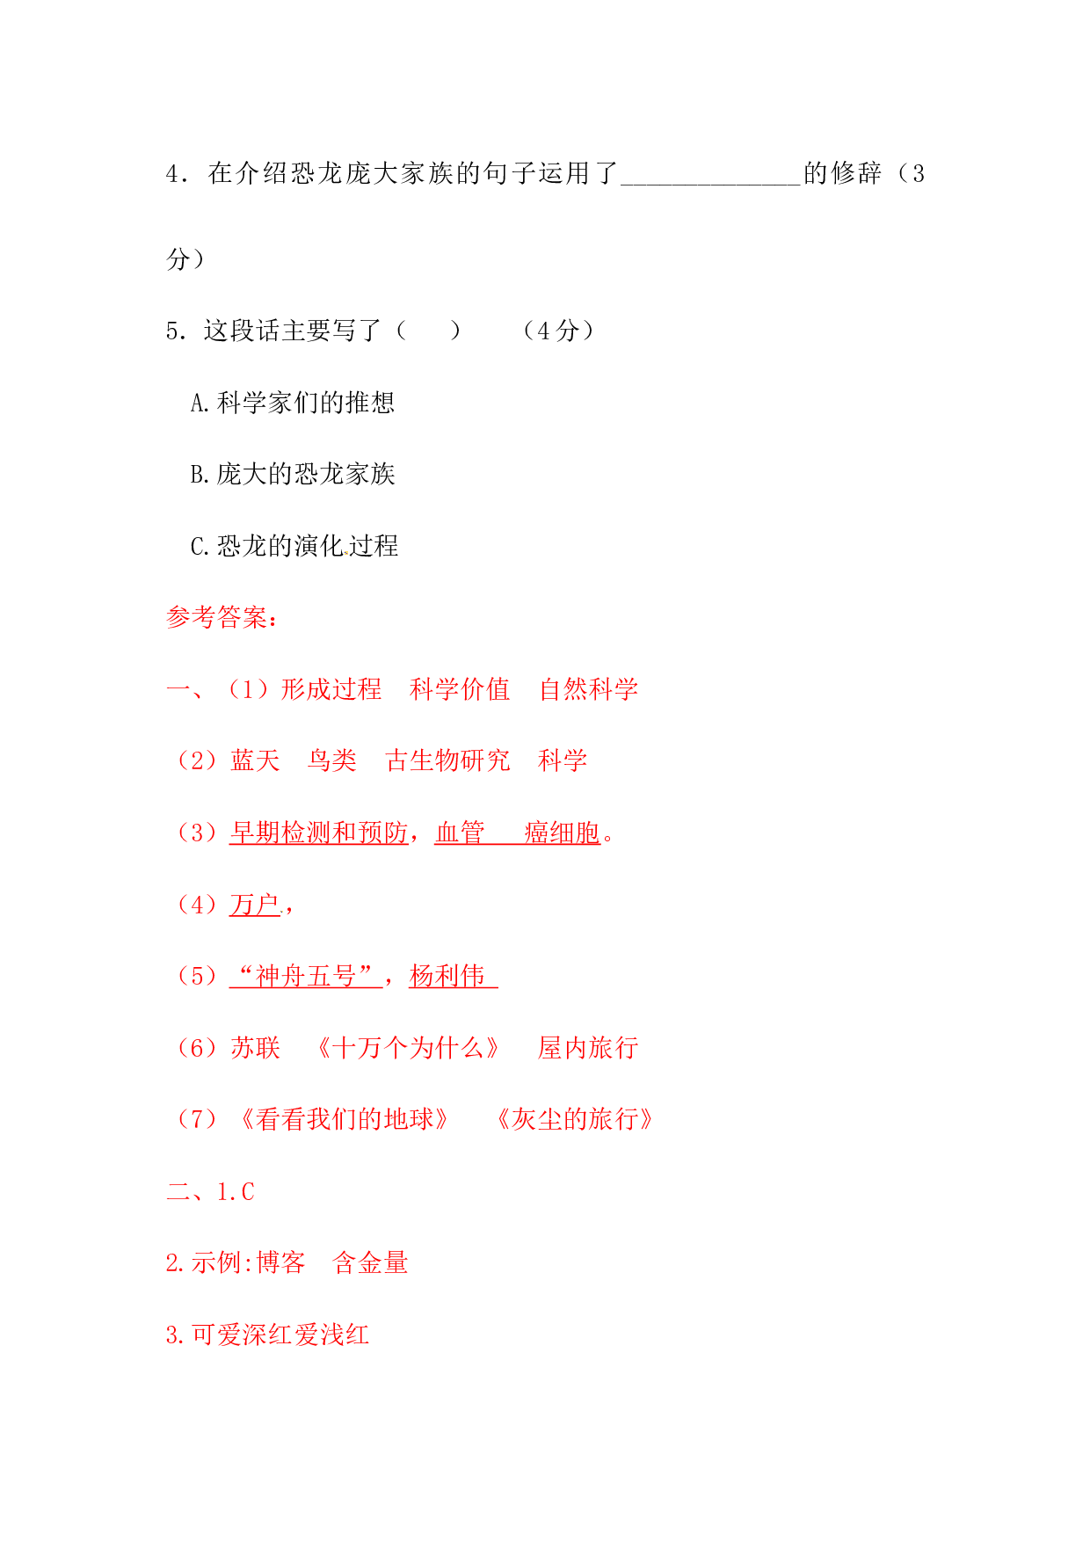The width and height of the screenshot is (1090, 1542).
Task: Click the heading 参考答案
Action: coord(218,618)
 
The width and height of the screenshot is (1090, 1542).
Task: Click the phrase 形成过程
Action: coord(331,689)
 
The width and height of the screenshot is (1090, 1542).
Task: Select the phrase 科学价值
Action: coord(460,689)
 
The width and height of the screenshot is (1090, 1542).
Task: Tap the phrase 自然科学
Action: coord(589,689)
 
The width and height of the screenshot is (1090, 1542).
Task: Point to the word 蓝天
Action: coord(255,760)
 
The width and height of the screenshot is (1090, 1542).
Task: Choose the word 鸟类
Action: coord(332,760)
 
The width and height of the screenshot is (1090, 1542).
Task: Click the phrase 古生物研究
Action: coord(447,760)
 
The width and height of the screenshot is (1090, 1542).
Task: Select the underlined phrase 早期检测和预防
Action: coord(318,833)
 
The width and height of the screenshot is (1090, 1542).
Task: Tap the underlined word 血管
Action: coord(460,833)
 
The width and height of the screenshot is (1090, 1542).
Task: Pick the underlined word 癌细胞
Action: coord(563,833)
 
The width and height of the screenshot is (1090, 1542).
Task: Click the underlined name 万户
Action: coord(254,905)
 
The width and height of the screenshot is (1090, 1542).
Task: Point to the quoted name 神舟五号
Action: coord(306,976)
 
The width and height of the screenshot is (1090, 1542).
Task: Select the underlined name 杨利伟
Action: coord(447,976)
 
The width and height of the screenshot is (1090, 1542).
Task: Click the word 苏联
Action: coord(255,1048)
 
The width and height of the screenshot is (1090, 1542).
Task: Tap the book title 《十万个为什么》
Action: coord(409,1048)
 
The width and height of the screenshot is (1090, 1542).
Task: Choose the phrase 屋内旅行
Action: coord(588,1048)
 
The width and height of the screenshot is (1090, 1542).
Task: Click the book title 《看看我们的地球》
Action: coord(345,1119)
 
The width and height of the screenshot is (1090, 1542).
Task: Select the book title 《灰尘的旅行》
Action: coord(576,1119)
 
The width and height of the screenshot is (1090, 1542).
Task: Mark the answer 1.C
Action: coord(236,1192)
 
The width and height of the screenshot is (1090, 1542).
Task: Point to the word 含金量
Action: coord(370,1263)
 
